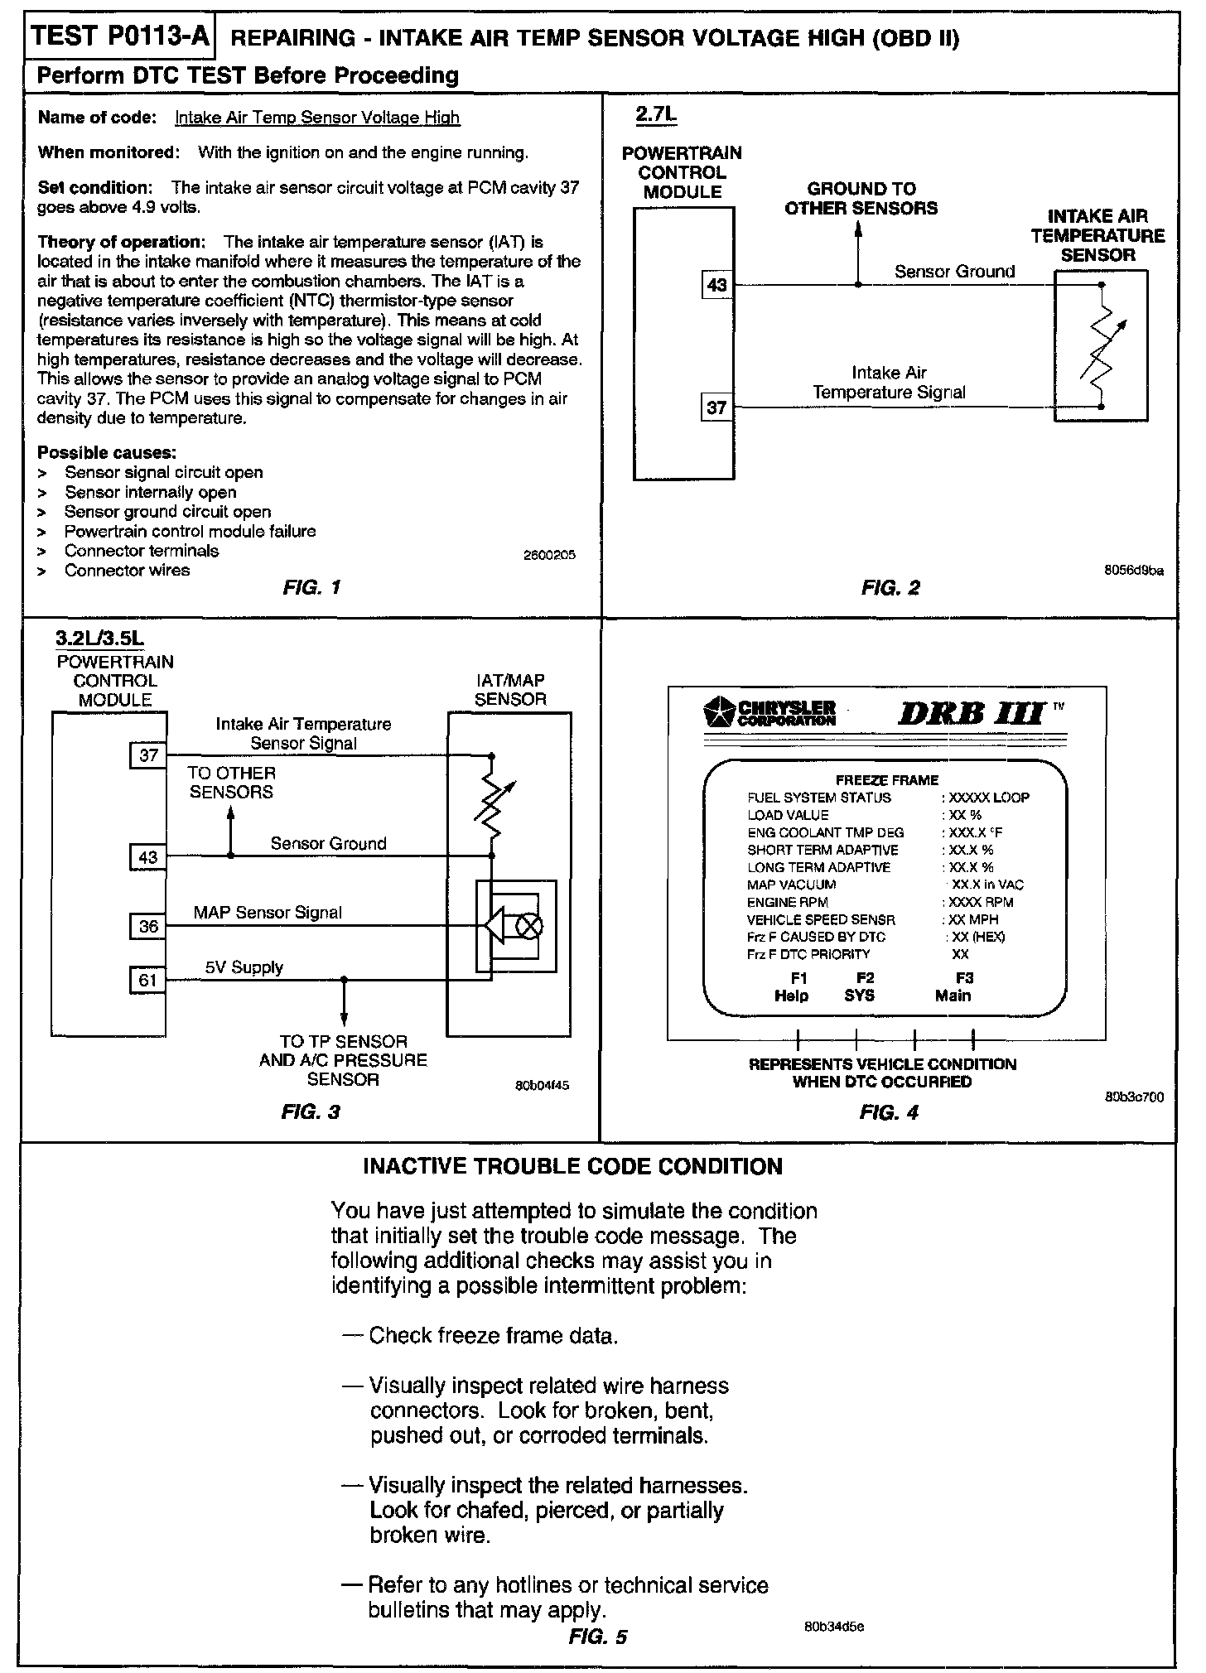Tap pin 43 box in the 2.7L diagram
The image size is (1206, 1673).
716,286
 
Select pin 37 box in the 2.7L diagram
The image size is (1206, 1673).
716,407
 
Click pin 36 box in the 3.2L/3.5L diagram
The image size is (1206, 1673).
147,926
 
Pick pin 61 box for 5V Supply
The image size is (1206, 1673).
147,981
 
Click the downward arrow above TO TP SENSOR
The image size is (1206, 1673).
344,1014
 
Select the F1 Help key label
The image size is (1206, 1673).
792,987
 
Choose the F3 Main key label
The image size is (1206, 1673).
954,987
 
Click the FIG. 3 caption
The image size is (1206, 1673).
311,1111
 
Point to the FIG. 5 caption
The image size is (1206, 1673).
597,1637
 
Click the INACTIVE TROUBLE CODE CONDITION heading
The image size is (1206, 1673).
573,1167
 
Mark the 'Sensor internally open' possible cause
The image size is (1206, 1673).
150,492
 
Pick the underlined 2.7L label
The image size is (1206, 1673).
655,115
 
